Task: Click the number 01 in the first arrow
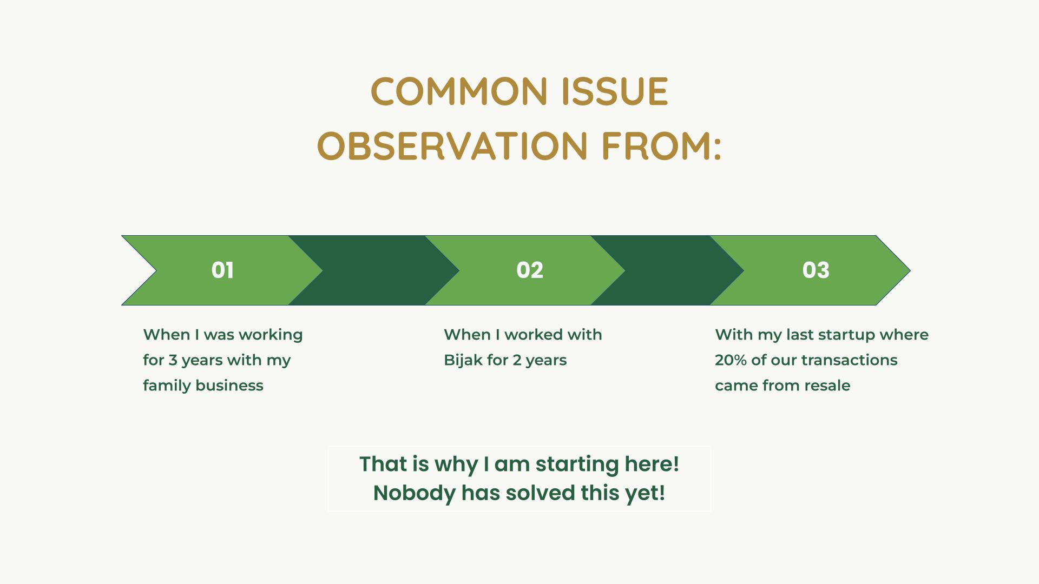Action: point(222,270)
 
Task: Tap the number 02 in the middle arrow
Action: point(530,270)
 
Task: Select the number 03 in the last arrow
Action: point(816,270)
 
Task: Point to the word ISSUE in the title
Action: point(615,91)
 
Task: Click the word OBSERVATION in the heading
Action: point(452,146)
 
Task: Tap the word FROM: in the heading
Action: point(662,146)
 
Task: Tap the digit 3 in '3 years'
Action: point(173,360)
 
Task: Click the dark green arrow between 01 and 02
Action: point(373,270)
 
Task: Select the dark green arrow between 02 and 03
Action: point(667,270)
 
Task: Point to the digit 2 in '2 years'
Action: point(517,360)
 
